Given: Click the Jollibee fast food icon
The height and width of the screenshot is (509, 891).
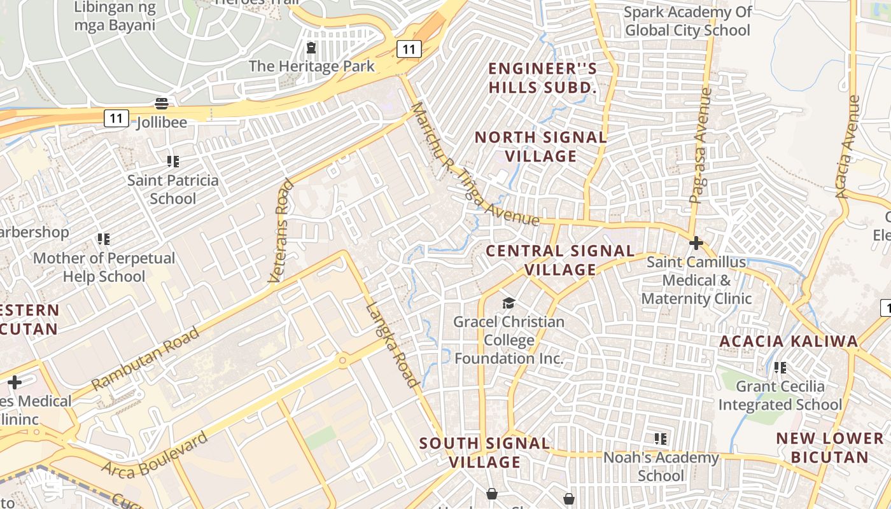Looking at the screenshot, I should click(162, 103).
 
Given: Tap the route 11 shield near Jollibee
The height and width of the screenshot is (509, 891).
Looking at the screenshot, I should click(116, 118).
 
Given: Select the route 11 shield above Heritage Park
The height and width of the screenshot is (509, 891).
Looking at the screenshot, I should click(409, 48).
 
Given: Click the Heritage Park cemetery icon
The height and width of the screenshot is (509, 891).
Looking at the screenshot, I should click(311, 48).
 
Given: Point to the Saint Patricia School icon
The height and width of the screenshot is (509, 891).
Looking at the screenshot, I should click(172, 162).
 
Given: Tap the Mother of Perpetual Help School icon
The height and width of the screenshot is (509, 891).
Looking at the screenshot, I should click(104, 239).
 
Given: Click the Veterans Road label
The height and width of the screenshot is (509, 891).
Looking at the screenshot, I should click(280, 231).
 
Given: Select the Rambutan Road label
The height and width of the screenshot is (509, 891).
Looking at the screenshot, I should click(146, 355).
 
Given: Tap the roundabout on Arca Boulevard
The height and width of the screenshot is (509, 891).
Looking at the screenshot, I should click(343, 361).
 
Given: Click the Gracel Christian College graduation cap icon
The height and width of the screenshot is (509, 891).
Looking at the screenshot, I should click(509, 303).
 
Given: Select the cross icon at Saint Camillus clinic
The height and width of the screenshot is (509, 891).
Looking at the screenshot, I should click(696, 243).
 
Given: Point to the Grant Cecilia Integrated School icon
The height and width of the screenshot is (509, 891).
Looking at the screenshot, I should click(780, 368).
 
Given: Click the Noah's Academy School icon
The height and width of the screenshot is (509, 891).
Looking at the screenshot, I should click(661, 439).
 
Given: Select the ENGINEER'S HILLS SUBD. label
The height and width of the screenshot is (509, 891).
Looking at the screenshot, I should click(543, 78).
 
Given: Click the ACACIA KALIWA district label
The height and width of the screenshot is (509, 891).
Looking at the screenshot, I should click(789, 341).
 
